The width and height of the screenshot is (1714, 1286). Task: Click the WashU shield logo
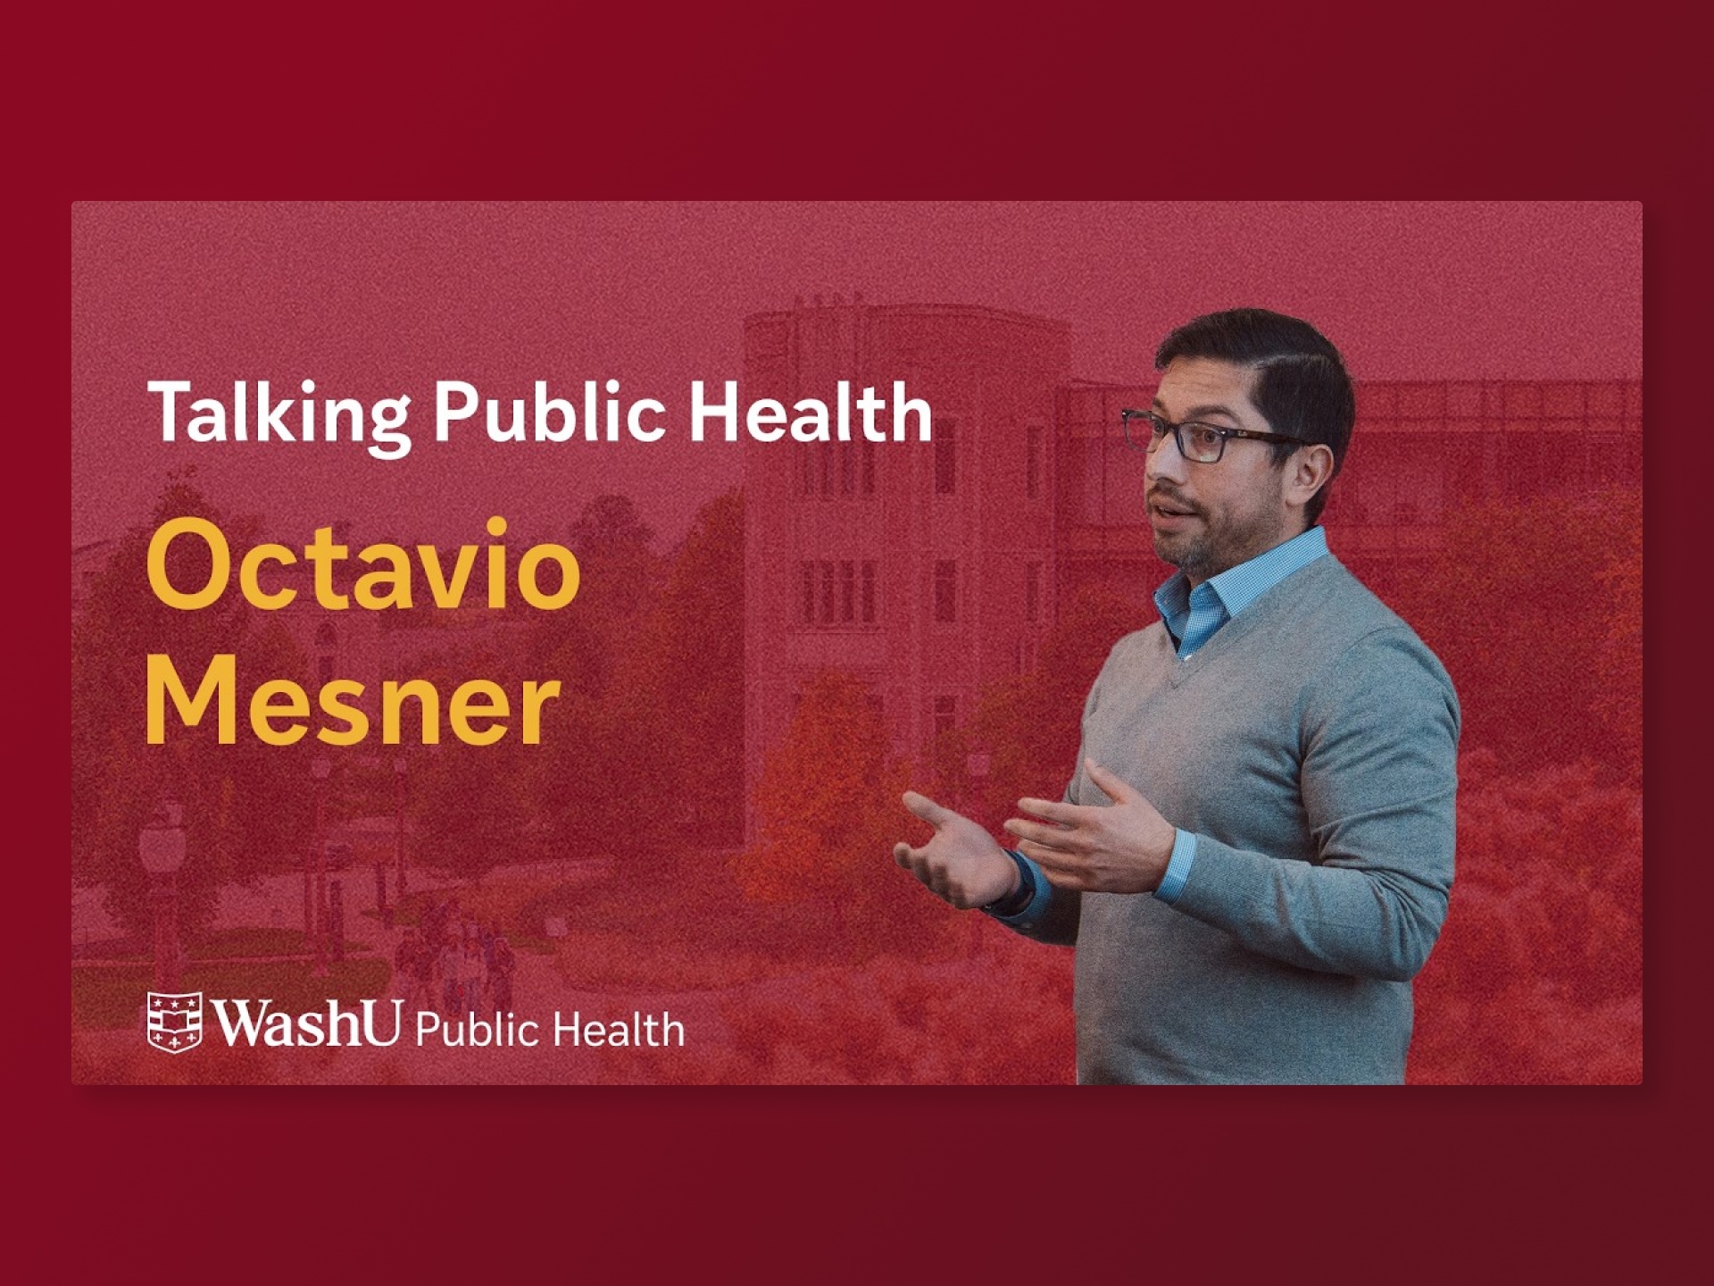click(x=174, y=1022)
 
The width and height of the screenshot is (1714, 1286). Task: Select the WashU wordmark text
click(x=306, y=1022)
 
